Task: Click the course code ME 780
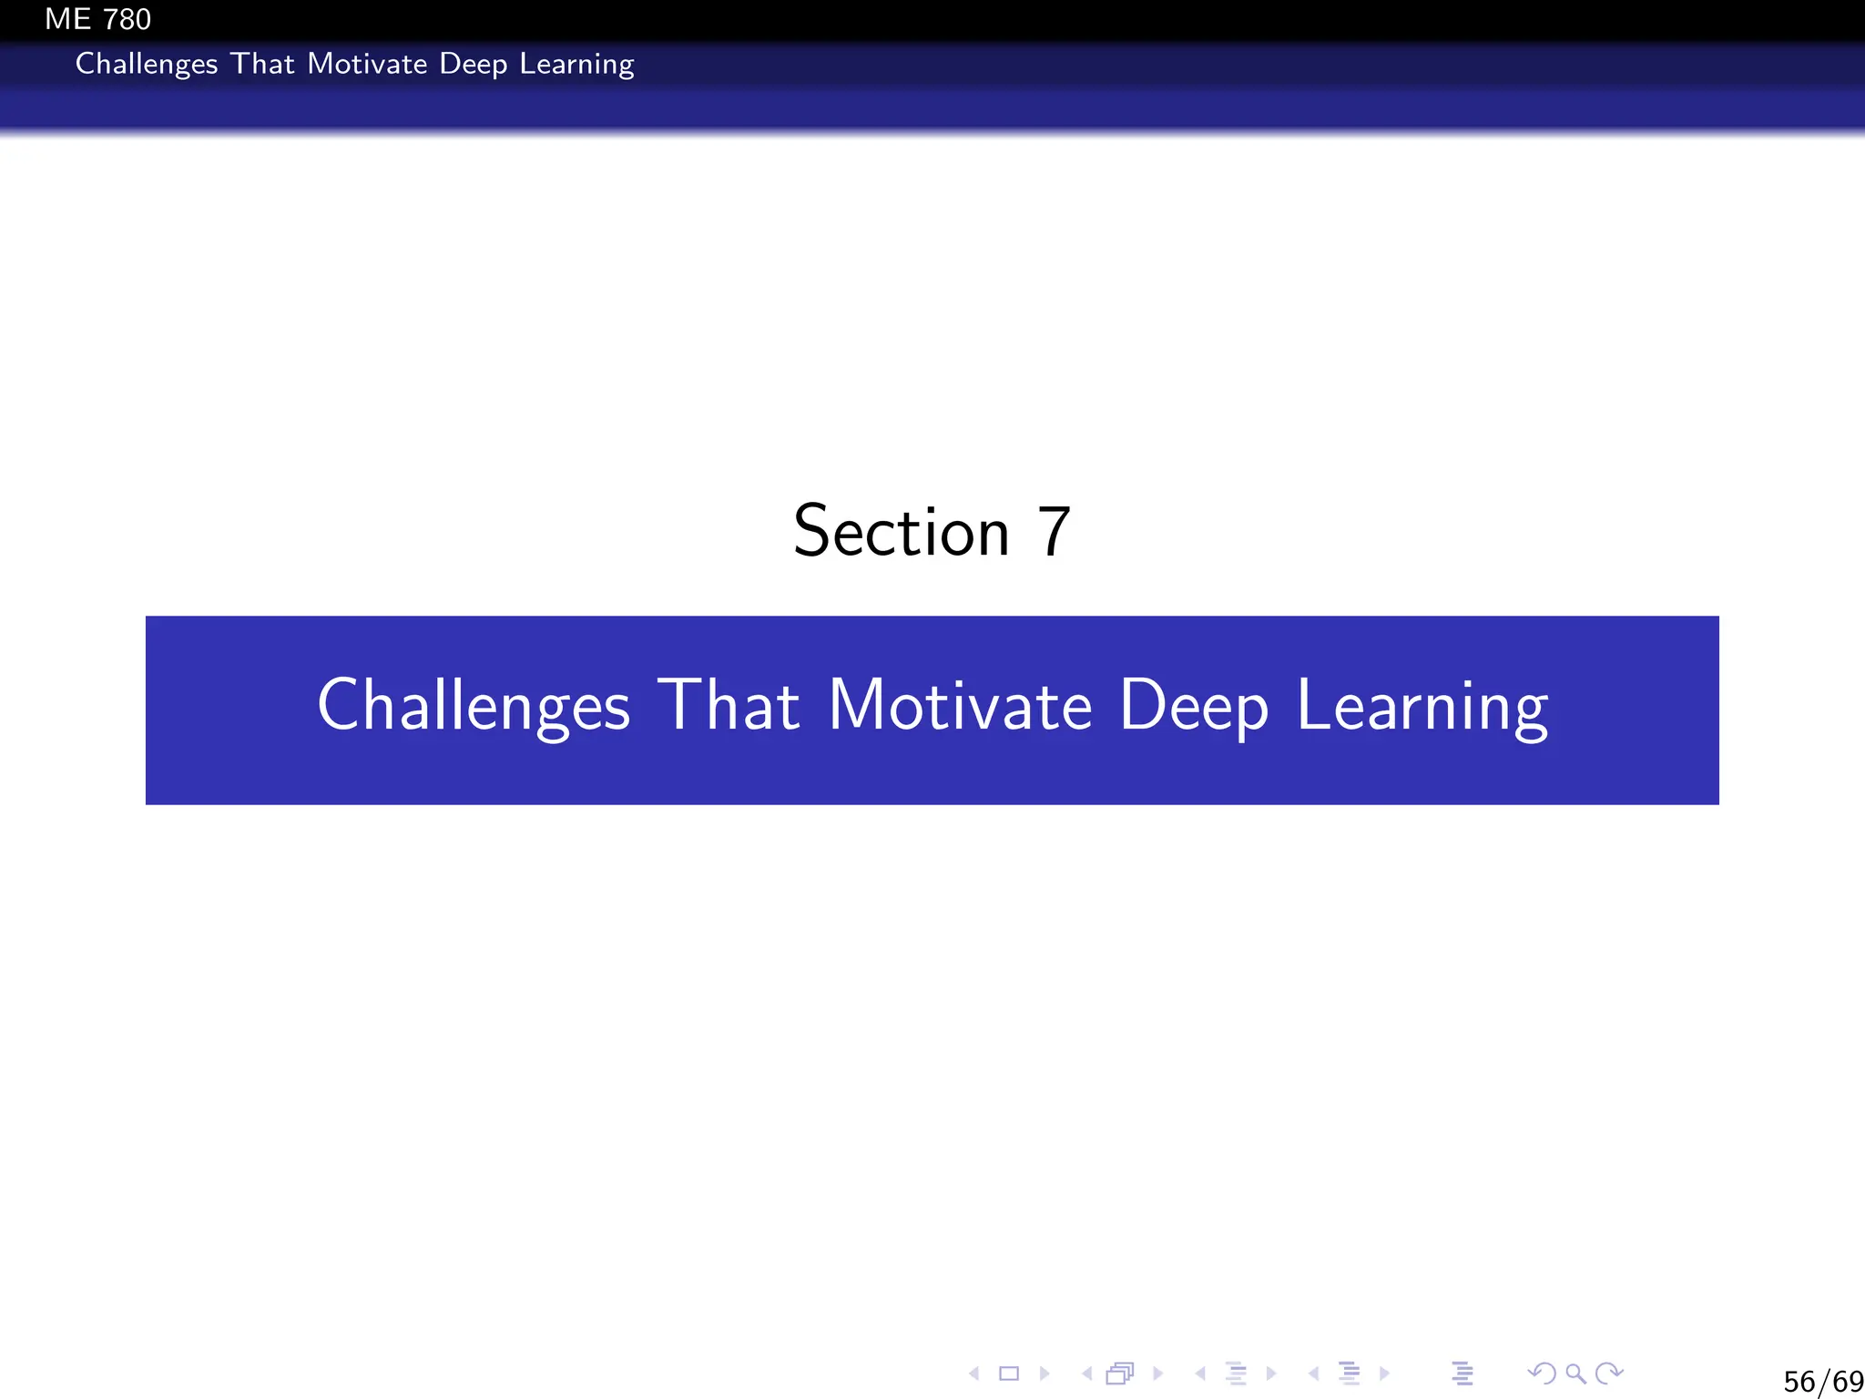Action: point(97,19)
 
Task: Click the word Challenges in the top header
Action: point(147,64)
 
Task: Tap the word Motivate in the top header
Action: point(367,64)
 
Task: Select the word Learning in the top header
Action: point(576,65)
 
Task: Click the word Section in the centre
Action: point(902,532)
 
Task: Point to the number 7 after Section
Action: point(1054,532)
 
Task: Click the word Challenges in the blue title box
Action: point(474,706)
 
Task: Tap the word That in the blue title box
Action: point(729,705)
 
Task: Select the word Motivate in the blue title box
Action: point(960,705)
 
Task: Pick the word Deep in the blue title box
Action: point(1193,707)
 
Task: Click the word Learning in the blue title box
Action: point(1422,707)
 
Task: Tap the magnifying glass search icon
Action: point(1575,1373)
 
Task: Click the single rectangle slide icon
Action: point(1009,1373)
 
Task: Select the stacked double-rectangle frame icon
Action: point(1120,1373)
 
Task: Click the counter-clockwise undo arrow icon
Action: point(1542,1373)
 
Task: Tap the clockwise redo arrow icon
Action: point(1610,1373)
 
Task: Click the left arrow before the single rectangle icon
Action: point(974,1373)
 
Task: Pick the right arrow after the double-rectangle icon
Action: point(1158,1373)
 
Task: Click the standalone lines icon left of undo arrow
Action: point(1462,1373)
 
